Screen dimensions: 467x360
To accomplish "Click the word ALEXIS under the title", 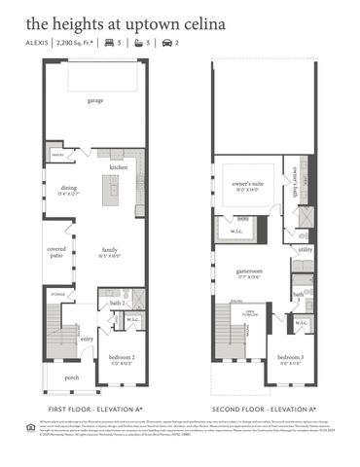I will click(36, 44).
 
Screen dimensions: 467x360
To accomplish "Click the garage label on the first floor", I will click(95, 100).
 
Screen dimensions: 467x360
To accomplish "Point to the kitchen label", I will click(118, 167).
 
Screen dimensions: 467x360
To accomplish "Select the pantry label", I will click(56, 154).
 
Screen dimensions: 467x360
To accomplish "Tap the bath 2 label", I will click(117, 305).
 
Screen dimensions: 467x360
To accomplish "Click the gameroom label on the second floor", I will click(251, 270).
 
